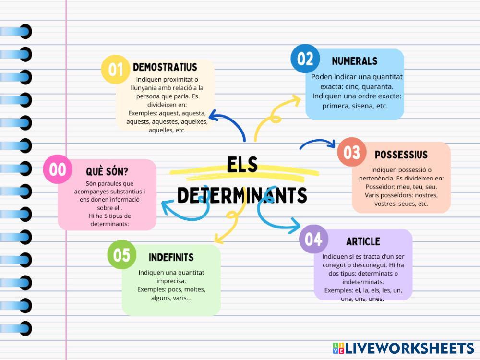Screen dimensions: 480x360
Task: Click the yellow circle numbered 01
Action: [115, 69]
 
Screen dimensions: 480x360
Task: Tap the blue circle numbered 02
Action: [305, 59]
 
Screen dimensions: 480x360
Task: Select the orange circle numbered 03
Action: [351, 152]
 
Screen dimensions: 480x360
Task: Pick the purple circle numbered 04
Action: [313, 239]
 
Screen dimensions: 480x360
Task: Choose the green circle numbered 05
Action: [121, 254]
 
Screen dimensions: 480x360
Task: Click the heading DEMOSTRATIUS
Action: [165, 67]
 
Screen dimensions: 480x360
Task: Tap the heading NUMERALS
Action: [354, 61]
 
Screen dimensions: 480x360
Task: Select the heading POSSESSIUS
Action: [401, 155]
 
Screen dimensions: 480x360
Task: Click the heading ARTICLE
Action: [363, 241]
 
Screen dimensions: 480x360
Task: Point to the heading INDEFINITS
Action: [171, 257]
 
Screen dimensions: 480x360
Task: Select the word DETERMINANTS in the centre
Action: [242, 195]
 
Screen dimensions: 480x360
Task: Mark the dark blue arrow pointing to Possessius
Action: [317, 143]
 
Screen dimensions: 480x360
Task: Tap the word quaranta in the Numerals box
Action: [376, 87]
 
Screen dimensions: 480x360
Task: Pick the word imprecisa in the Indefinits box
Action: [171, 281]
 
